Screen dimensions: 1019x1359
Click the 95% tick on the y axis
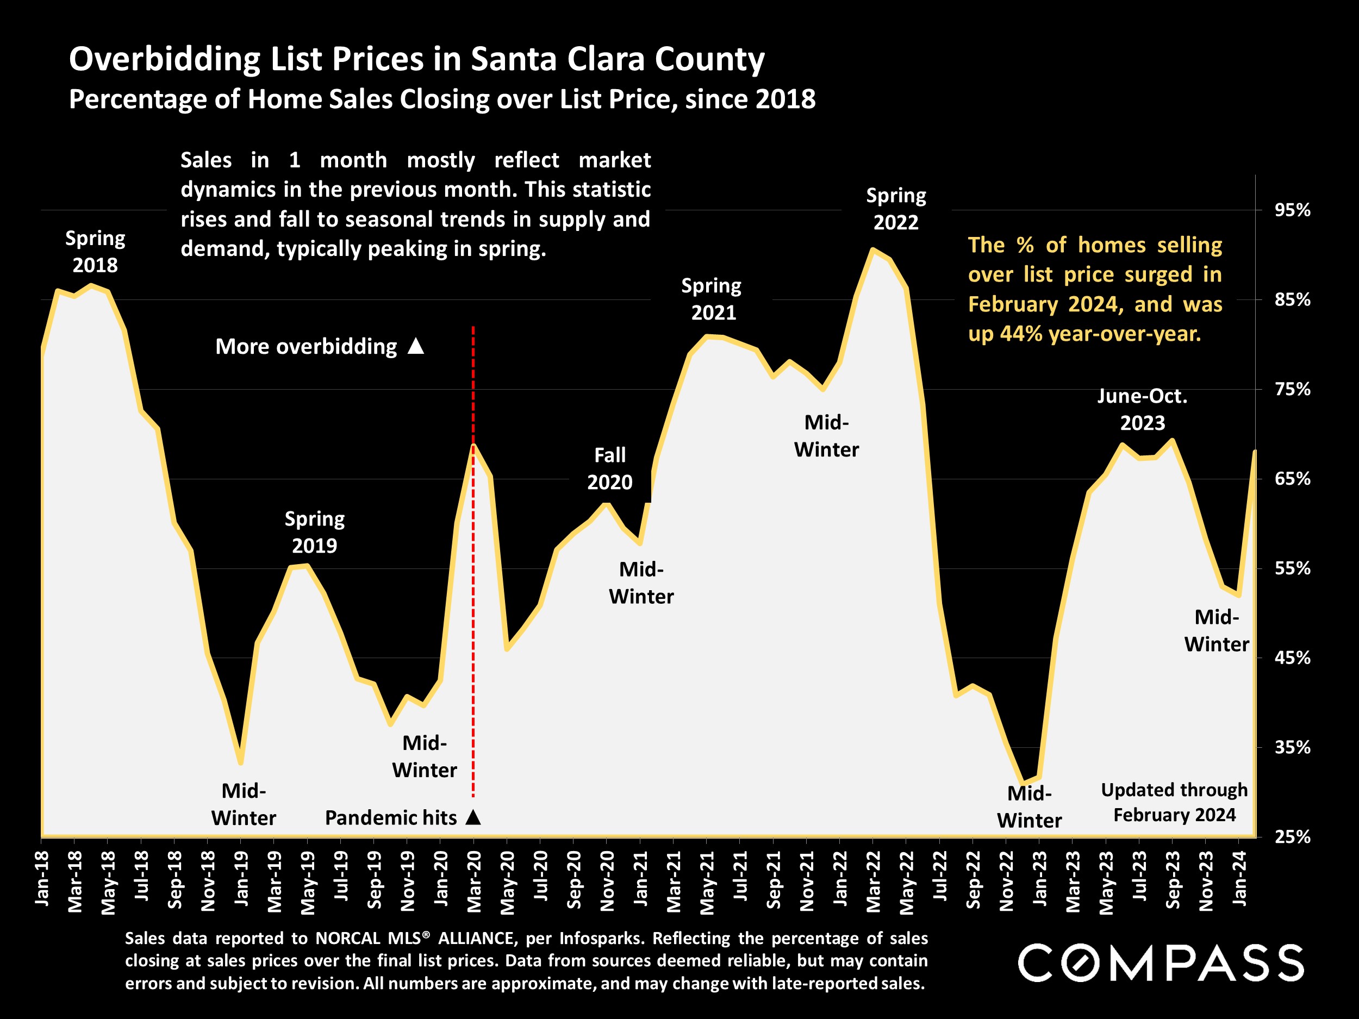coord(1292,210)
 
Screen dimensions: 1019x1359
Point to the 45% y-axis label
coord(1292,658)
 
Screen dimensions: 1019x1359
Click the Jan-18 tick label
coord(42,878)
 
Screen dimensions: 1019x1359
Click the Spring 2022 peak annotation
coord(896,209)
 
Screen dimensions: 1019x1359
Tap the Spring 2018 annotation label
coord(95,251)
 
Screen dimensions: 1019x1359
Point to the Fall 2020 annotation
coord(609,468)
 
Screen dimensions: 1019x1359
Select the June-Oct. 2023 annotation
coord(1142,409)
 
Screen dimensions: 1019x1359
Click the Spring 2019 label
coord(315,532)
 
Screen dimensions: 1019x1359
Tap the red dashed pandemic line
coord(473,614)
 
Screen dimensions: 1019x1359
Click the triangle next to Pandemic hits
coord(473,817)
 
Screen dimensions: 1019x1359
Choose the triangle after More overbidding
coord(416,346)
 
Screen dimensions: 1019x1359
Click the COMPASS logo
coord(1161,963)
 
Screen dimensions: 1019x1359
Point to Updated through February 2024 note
coord(1174,802)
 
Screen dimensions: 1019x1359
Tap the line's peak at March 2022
coord(872,249)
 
